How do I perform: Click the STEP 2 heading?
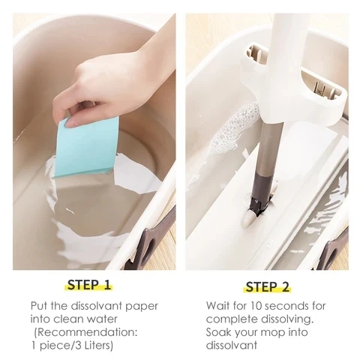[x=267, y=286]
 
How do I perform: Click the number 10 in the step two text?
[x=256, y=306]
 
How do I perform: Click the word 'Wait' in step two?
[x=219, y=306]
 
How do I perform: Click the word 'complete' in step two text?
[x=230, y=319]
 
